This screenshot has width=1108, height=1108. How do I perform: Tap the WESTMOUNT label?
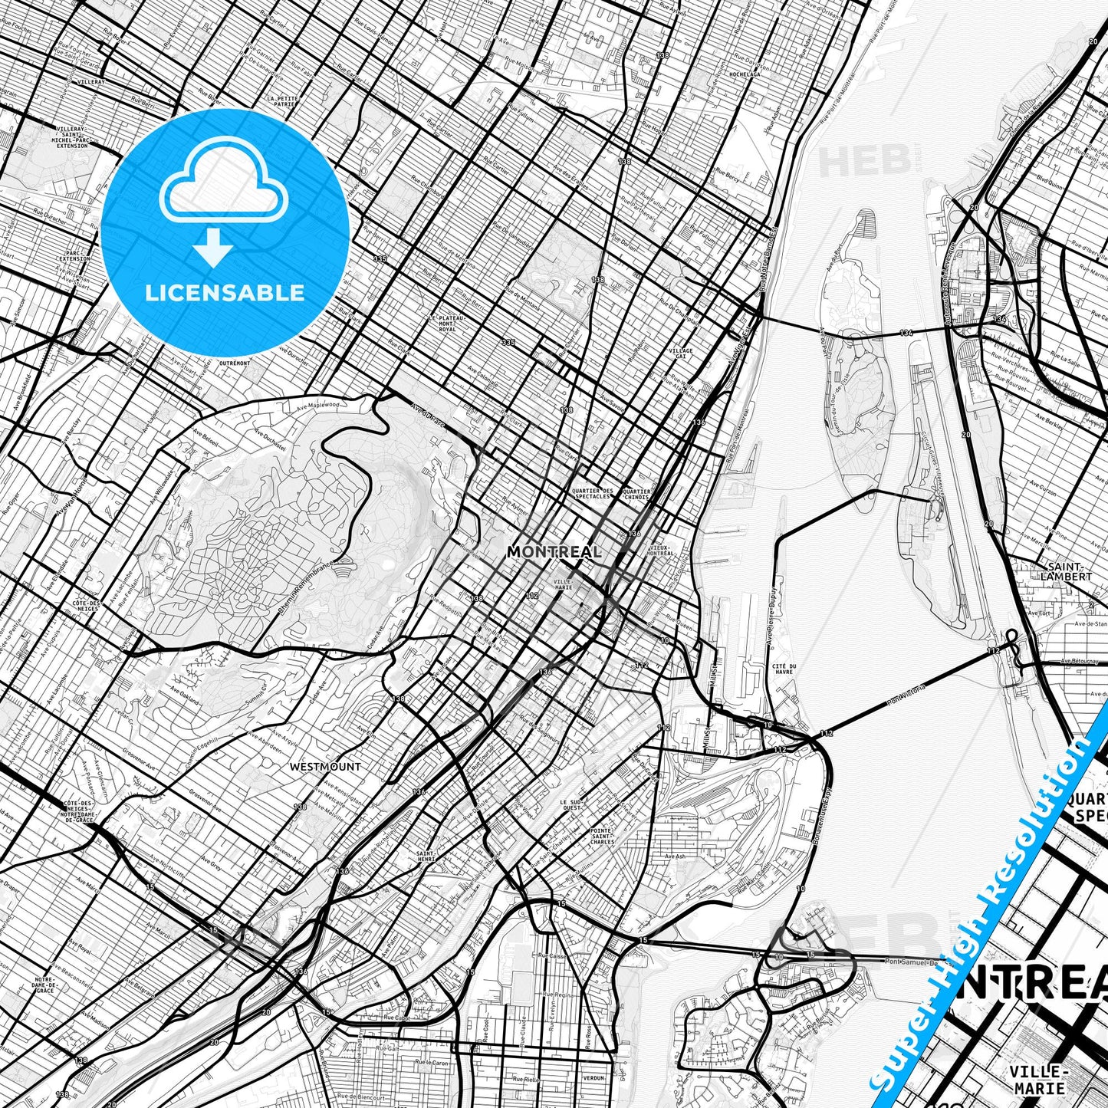pos(325,766)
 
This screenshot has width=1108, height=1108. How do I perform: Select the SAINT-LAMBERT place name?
pos(1067,571)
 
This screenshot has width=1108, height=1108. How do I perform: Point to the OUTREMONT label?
pos(234,362)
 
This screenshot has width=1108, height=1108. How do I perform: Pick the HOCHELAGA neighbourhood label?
pos(744,74)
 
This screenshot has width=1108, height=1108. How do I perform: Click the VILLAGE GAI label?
pos(681,353)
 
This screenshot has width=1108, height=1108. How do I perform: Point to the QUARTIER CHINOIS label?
pos(637,494)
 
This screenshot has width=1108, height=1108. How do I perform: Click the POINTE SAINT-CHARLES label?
pos(602,836)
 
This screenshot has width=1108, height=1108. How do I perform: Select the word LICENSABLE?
pos(225,293)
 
